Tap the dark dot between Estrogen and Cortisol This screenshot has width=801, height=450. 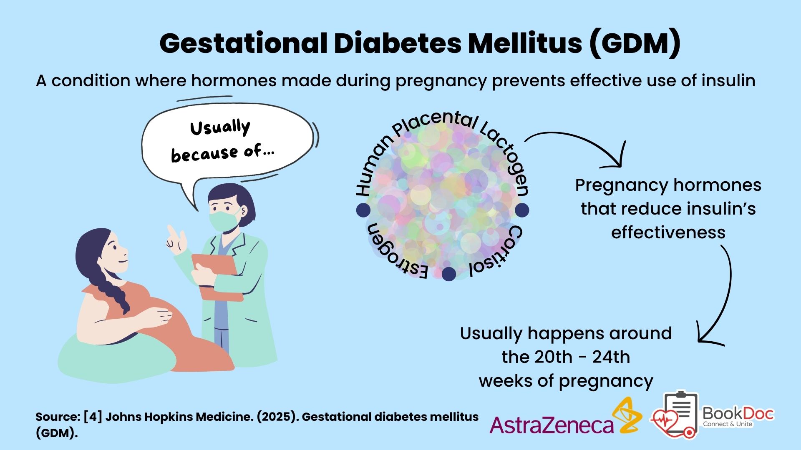(x=449, y=274)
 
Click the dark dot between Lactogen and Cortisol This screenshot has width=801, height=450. (x=521, y=210)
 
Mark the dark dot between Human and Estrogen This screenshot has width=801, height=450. (x=363, y=210)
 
